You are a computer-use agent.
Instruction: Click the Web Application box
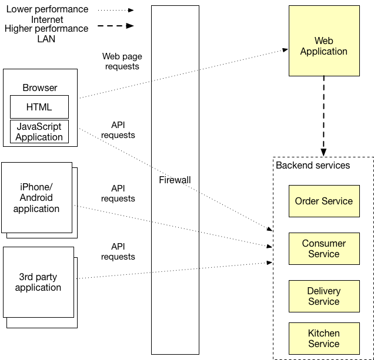pyautogui.click(x=323, y=41)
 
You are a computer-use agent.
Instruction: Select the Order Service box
pyautogui.click(x=323, y=201)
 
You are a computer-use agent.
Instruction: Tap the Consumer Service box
pyautogui.click(x=323, y=248)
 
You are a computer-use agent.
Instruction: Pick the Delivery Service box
pyautogui.click(x=323, y=296)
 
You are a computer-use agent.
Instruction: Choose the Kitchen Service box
pyautogui.click(x=323, y=338)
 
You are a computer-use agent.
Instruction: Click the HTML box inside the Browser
pyautogui.click(x=39, y=107)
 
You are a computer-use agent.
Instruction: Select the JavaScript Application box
pyautogui.click(x=39, y=132)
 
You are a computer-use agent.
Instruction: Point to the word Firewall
pyautogui.click(x=175, y=180)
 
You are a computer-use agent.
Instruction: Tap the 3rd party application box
pyautogui.click(x=38, y=282)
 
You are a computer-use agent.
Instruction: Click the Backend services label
pyautogui.click(x=313, y=166)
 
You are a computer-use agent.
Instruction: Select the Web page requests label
pyautogui.click(x=122, y=62)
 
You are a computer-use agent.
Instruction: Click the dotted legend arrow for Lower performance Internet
pyautogui.click(x=115, y=10)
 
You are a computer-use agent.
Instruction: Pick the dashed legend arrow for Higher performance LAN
pyautogui.click(x=115, y=26)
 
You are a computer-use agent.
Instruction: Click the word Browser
pyautogui.click(x=40, y=88)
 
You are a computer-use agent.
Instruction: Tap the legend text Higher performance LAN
pyautogui.click(x=46, y=33)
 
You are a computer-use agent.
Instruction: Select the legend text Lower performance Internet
pyautogui.click(x=47, y=15)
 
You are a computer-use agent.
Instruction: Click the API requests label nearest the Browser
pyautogui.click(x=118, y=130)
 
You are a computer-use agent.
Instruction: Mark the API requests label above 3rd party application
pyautogui.click(x=118, y=251)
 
